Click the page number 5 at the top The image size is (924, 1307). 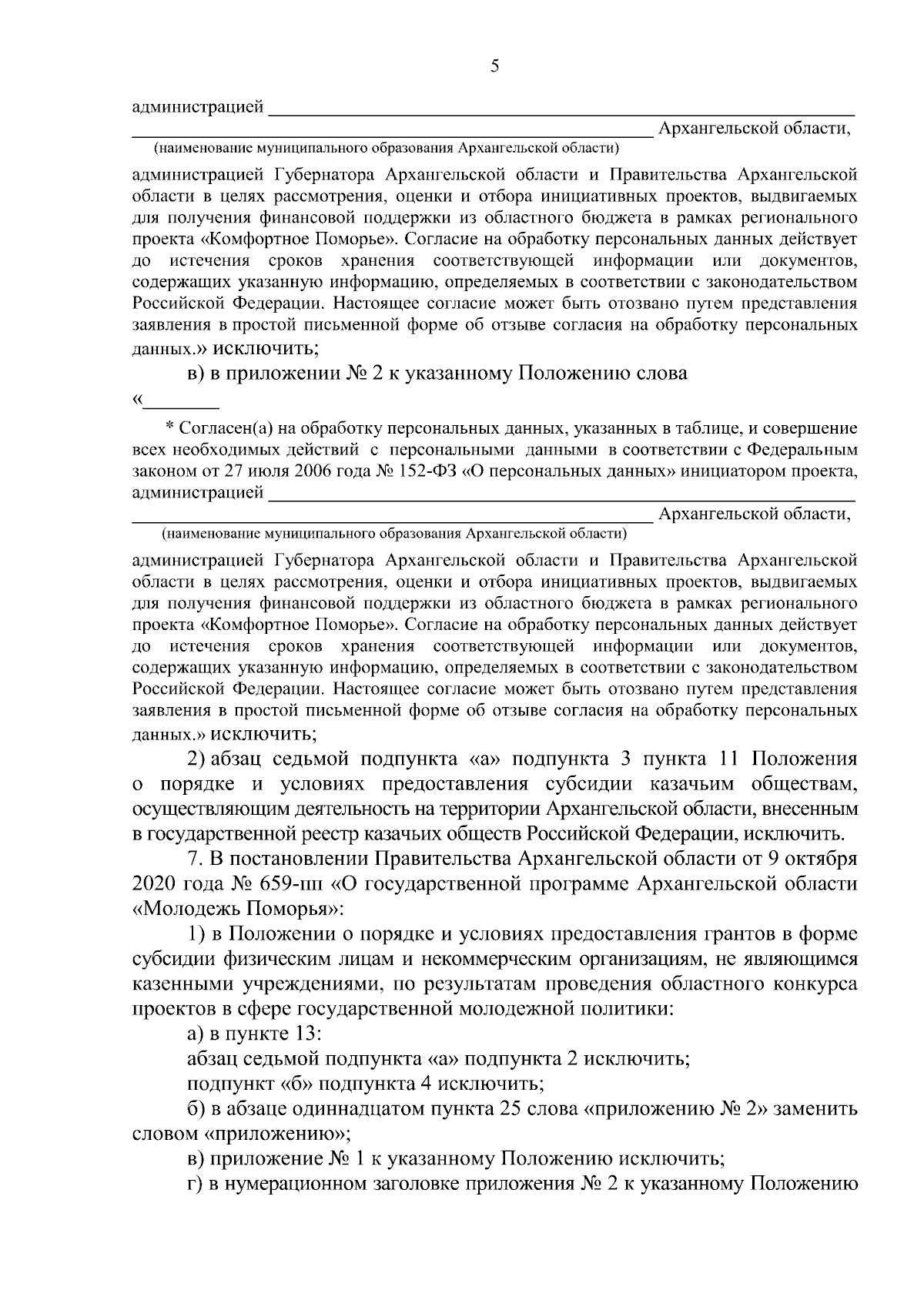495,66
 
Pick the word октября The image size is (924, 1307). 819,859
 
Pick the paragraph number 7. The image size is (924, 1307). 194,859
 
